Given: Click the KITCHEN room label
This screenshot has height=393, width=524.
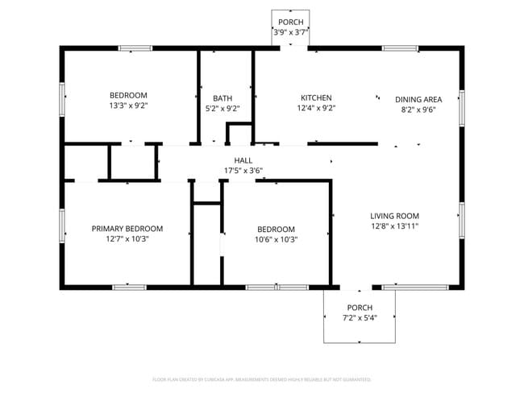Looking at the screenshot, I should [316, 98].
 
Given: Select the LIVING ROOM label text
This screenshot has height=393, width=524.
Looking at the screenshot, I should [394, 216].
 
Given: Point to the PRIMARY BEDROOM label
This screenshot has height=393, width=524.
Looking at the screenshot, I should [127, 229].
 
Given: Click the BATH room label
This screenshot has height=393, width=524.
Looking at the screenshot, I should [222, 98].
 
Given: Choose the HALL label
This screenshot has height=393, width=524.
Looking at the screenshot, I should [243, 160].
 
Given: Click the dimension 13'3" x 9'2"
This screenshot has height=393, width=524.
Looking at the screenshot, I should [128, 105].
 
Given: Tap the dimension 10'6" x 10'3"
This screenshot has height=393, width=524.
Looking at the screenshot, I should [276, 239].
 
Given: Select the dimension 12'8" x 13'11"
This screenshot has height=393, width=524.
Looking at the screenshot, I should [394, 226].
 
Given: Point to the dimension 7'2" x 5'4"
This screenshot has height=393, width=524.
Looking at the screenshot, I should [360, 318].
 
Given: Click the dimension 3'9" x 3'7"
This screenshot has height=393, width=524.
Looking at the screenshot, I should [291, 32].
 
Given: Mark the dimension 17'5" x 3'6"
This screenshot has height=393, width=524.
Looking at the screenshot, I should [243, 170].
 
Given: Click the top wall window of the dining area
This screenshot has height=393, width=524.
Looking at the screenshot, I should [400, 48].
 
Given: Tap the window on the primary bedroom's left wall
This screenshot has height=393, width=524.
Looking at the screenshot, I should [62, 225].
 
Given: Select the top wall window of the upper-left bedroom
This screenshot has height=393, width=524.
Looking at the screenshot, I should [135, 48].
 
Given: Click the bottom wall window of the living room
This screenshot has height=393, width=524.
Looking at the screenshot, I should [415, 287].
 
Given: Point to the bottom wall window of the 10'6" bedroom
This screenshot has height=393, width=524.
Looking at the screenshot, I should [276, 287].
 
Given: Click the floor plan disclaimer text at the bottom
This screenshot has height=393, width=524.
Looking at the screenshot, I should [262, 379].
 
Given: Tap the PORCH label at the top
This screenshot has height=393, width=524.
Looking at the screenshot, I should [291, 22].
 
